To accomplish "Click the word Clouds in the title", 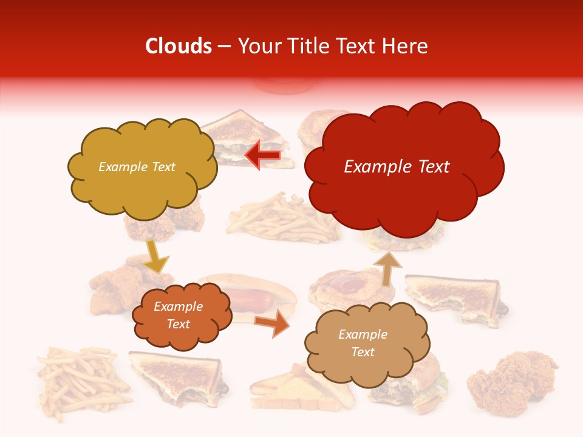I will click(x=179, y=46).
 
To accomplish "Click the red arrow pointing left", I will click(x=262, y=155).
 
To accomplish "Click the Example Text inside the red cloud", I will click(x=397, y=167).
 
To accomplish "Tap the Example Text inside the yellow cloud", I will click(x=137, y=167).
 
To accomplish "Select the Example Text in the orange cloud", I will click(x=178, y=315).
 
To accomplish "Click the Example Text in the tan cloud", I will click(x=363, y=343).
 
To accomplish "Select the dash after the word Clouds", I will click(x=224, y=46).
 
